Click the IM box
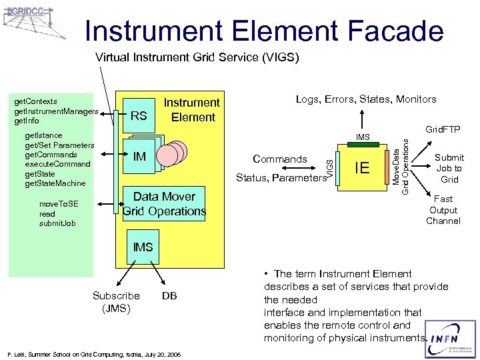pos(141,157)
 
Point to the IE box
pos(362,167)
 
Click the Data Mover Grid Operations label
pos(164,204)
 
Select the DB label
pos(169,295)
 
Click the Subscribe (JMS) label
pos(116,301)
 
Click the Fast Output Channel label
pos(443,209)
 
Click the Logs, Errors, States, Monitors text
pos(366,99)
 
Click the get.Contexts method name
pos(35,101)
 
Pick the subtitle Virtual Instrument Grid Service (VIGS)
pos(197,57)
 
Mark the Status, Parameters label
pos(280,177)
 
